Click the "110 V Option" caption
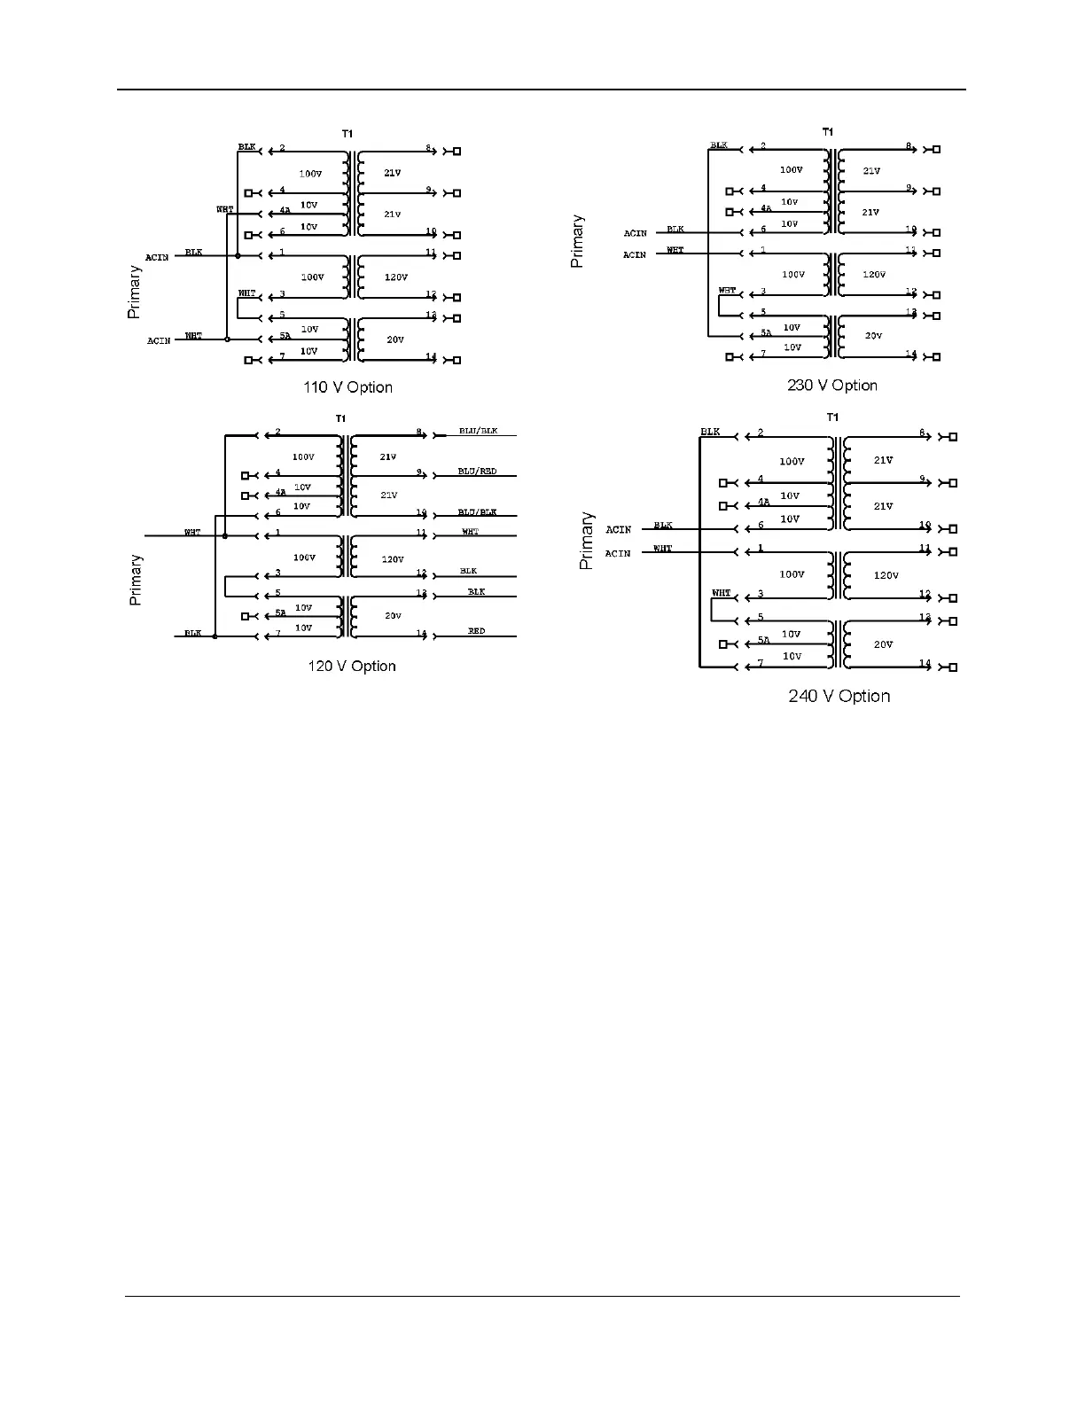(347, 387)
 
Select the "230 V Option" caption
(831, 386)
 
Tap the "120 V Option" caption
(351, 667)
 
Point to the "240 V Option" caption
(839, 697)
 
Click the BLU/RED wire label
(477, 472)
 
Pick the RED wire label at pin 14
(476, 631)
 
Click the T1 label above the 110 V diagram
(347, 134)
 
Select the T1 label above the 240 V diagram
(831, 417)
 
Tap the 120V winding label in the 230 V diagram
(873, 275)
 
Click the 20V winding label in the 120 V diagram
(393, 615)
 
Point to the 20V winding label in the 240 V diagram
(883, 644)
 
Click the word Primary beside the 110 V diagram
(134, 292)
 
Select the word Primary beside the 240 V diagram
(586, 541)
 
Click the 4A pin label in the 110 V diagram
(284, 211)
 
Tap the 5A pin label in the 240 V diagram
(763, 640)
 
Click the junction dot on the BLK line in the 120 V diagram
(215, 636)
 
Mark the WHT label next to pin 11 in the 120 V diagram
(470, 532)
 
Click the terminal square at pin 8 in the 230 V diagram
(937, 150)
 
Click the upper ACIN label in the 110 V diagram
(157, 258)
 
